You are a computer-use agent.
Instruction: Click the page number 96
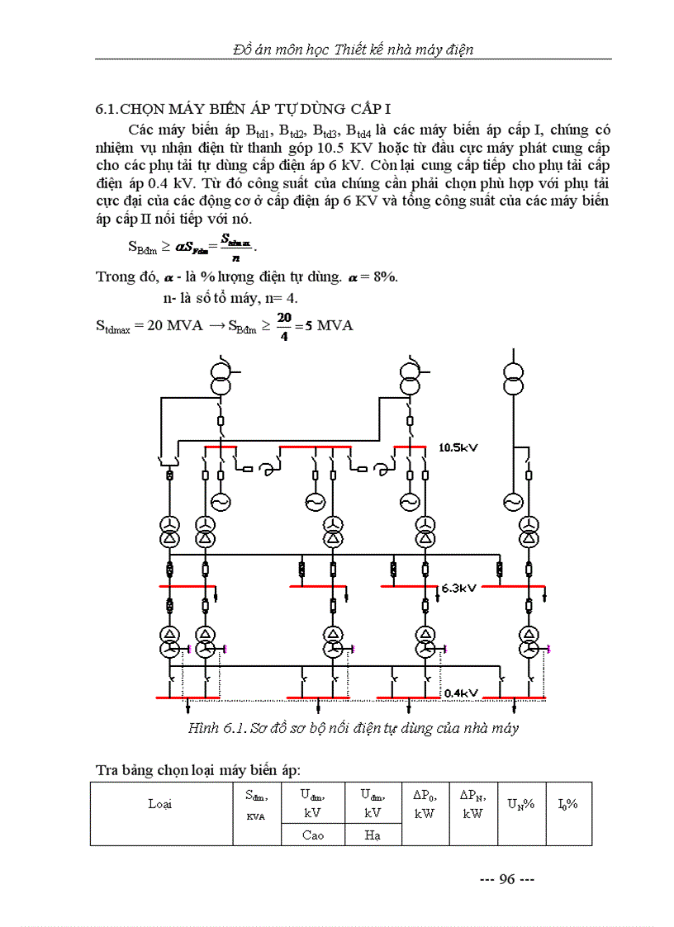tap(507, 879)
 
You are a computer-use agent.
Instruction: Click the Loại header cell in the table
tap(160, 803)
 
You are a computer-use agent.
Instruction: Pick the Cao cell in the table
tap(311, 835)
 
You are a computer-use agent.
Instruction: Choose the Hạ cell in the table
tap(373, 835)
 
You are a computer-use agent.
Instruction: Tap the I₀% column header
tap(567, 803)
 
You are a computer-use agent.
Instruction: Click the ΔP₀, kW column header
tap(425, 803)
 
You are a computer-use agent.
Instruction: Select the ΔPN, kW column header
tap(472, 803)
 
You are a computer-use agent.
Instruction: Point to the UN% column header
tap(521, 803)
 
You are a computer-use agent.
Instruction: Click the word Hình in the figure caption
tap(202, 728)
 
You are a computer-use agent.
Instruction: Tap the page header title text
tap(354, 50)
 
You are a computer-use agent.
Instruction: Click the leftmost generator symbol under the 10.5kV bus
tap(221, 502)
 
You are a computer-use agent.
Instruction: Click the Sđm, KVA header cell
tap(256, 803)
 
